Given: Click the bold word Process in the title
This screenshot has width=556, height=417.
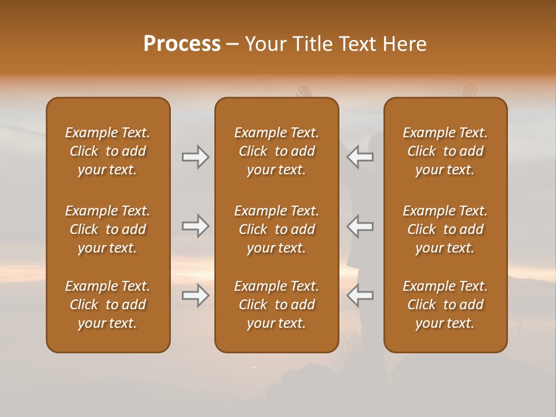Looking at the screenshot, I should (182, 44).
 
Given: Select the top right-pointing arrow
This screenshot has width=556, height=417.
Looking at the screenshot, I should (195, 157).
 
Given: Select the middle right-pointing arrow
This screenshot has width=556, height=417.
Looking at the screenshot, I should (195, 226).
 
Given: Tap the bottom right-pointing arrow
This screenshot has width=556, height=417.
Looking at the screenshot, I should (195, 295).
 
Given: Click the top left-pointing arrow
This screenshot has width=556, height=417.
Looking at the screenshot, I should (360, 157).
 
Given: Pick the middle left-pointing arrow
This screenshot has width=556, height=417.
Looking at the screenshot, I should (360, 226).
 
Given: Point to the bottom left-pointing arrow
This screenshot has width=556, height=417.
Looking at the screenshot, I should (360, 295).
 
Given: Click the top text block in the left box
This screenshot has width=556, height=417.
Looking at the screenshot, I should (108, 151).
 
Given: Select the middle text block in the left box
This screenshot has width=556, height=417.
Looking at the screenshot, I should (108, 229).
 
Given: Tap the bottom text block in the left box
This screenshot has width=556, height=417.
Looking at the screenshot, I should (108, 305).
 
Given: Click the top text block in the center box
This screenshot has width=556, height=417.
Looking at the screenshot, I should (276, 151).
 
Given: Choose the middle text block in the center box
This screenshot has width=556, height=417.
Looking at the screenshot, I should (276, 229).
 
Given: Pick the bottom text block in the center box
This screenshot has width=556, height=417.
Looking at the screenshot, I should (276, 305).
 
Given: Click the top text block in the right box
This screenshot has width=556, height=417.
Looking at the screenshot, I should (445, 151).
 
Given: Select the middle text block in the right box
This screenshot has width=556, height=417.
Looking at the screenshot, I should (445, 229).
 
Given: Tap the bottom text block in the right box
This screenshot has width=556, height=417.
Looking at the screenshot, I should (445, 305).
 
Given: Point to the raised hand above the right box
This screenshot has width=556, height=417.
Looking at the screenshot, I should (469, 90).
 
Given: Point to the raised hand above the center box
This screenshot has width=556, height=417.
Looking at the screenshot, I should (303, 92).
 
